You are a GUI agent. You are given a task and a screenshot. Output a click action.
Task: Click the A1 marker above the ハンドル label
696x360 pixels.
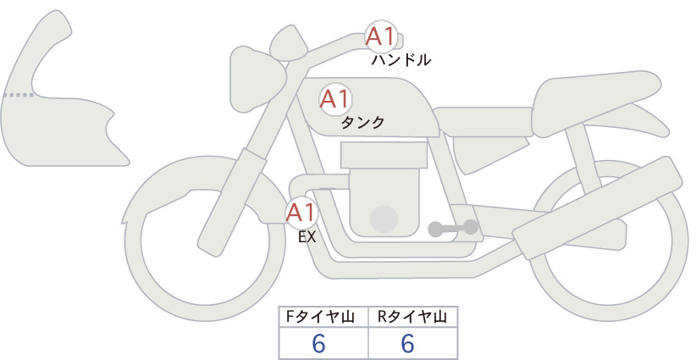pyautogui.click(x=381, y=36)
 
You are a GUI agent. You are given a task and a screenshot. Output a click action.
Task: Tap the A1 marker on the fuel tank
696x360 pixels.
pyautogui.click(x=335, y=99)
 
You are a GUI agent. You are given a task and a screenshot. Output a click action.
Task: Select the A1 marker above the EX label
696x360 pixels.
pyautogui.click(x=301, y=213)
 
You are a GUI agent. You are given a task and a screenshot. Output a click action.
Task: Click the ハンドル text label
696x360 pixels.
pyautogui.click(x=400, y=60)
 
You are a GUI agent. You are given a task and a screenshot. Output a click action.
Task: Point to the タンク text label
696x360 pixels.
pyautogui.click(x=362, y=123)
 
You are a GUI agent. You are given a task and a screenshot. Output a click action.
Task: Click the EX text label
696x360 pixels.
pyautogui.click(x=307, y=237)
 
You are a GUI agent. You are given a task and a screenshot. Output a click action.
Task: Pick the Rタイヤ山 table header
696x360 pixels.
pyautogui.click(x=412, y=317)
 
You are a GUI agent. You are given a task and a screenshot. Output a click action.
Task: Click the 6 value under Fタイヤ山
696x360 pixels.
pyautogui.click(x=318, y=344)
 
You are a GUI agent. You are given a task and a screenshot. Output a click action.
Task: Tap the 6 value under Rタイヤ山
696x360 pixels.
pyautogui.click(x=407, y=344)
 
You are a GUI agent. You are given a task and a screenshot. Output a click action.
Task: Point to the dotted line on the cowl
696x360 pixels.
pyautogui.click(x=18, y=95)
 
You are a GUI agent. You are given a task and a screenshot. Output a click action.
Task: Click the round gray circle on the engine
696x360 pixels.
pyautogui.click(x=384, y=219)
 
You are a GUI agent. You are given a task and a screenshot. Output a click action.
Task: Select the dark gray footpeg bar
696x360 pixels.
pyautogui.click(x=453, y=228)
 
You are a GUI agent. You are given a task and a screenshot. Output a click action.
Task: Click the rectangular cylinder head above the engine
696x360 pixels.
pyautogui.click(x=384, y=154)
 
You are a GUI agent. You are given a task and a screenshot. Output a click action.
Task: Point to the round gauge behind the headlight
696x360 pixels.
pyautogui.click(x=290, y=43)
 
